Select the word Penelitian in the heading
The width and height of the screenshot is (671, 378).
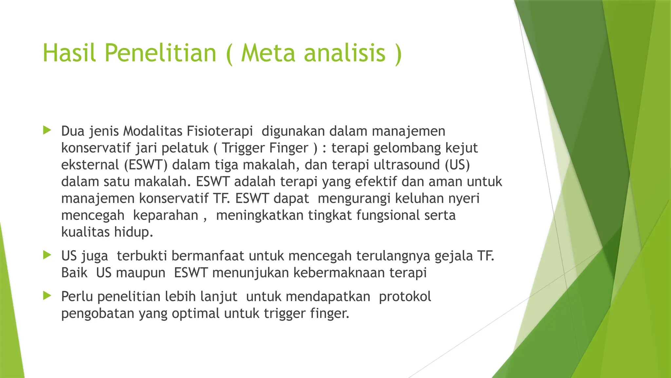point(161,53)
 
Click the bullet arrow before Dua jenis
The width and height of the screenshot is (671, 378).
point(47,131)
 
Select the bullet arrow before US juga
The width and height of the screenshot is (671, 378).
point(47,255)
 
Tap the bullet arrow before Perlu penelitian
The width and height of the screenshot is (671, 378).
point(47,296)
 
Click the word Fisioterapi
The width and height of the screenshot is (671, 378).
point(220,131)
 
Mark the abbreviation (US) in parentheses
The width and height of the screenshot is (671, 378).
point(457,165)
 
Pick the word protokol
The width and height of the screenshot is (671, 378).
point(405,297)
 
